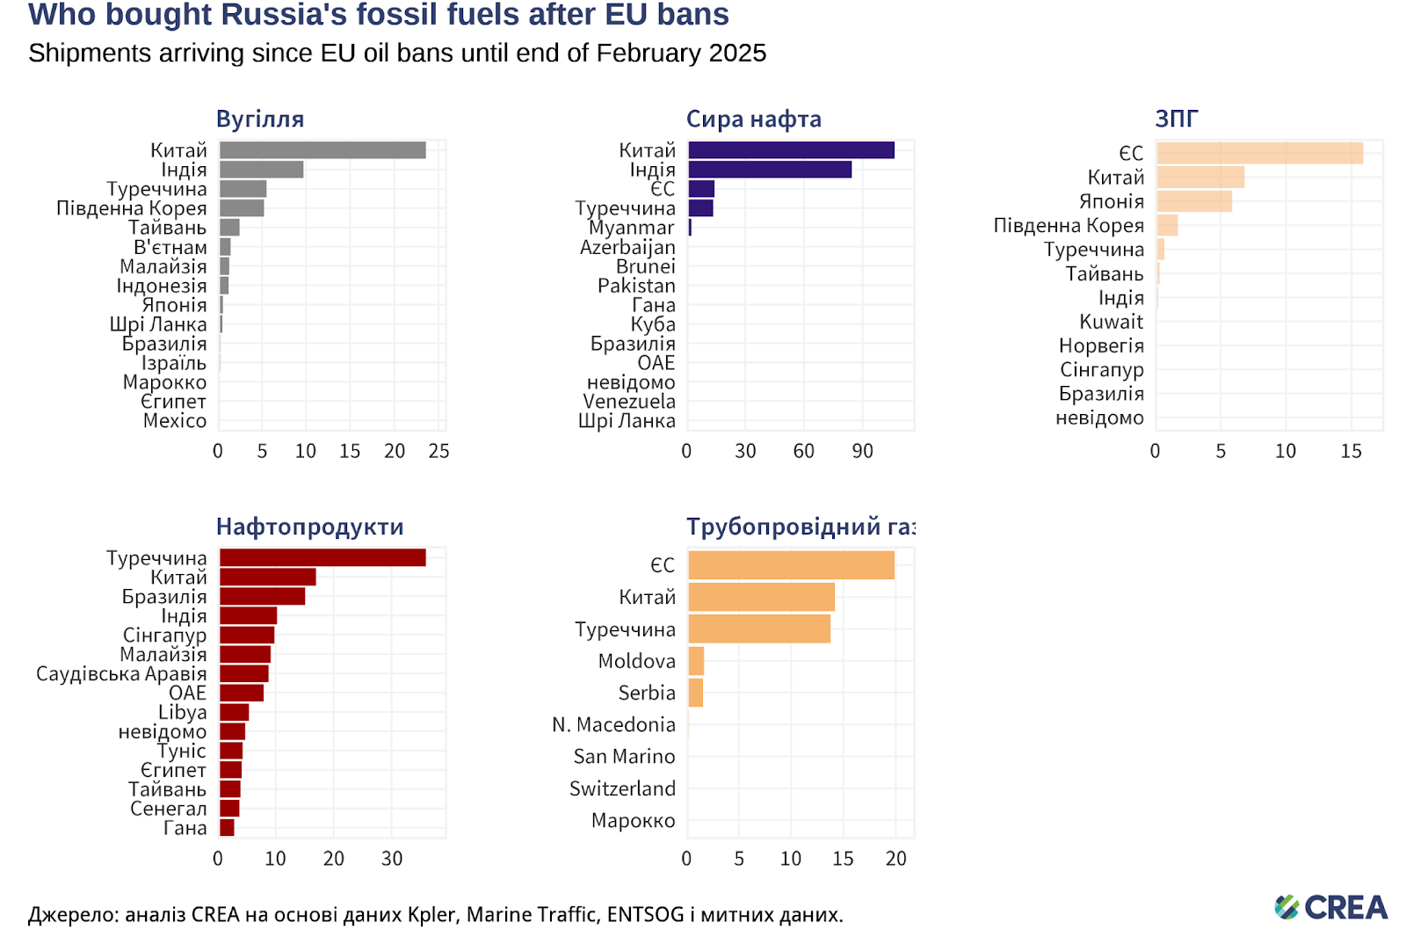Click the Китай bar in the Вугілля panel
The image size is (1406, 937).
click(x=322, y=150)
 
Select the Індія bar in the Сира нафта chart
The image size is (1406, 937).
click(x=769, y=170)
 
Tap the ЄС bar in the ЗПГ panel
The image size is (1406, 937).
click(x=1258, y=153)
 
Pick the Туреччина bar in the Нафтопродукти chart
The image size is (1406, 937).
click(x=322, y=557)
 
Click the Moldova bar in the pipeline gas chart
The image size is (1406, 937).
click(x=696, y=661)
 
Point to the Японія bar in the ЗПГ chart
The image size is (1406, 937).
click(x=1193, y=201)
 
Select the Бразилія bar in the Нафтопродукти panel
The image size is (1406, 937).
click(x=262, y=596)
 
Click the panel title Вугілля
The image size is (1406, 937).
click(x=260, y=119)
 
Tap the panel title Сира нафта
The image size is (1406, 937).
click(x=753, y=119)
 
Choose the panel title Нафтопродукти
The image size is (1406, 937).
click(x=309, y=527)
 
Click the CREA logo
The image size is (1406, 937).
click(x=1330, y=907)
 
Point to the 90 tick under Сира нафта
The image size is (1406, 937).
click(x=862, y=451)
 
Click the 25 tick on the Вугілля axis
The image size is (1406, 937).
click(x=438, y=451)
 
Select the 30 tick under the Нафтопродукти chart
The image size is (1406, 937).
click(x=392, y=859)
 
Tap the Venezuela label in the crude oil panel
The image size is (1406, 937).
click(x=629, y=402)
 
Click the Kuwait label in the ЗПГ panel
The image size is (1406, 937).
click(x=1111, y=322)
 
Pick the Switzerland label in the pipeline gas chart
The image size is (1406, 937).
click(x=622, y=788)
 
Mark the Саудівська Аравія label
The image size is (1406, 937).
click(x=121, y=673)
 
